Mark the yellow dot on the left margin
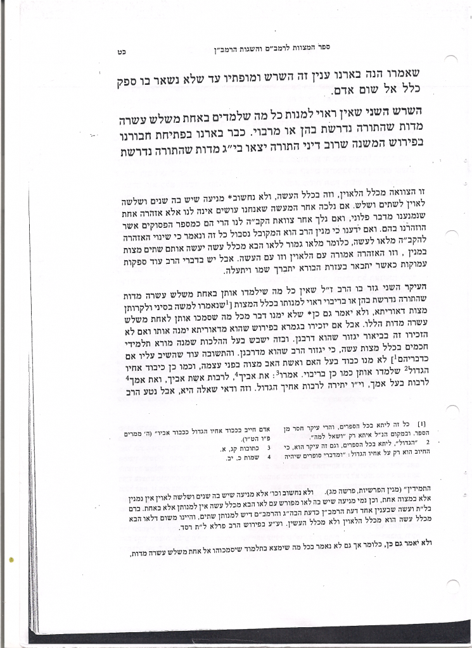[x=12, y=559]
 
